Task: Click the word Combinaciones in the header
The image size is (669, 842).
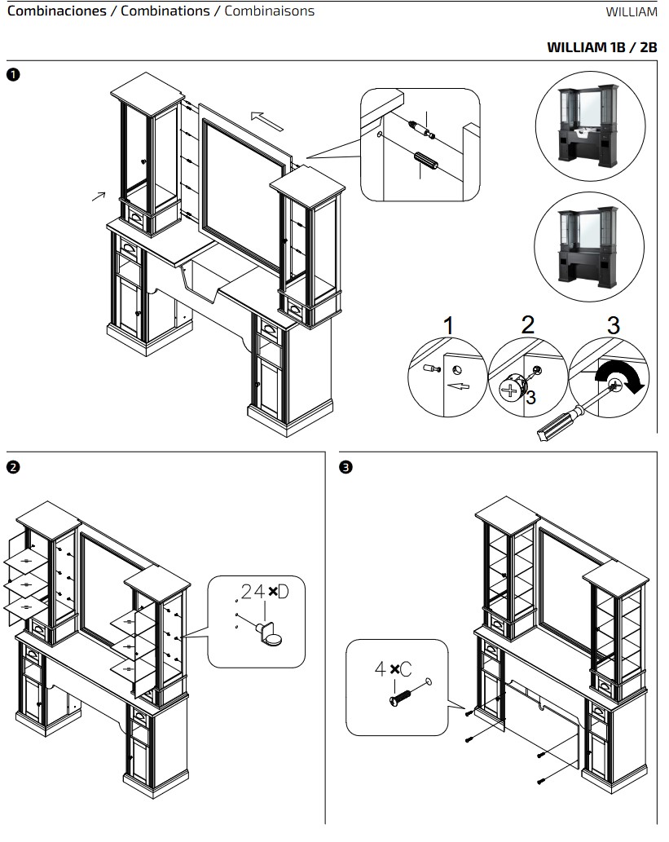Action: click(56, 11)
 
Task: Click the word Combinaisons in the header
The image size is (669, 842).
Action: click(269, 11)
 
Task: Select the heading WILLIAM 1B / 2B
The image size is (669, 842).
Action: click(602, 47)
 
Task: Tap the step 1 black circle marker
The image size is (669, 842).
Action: click(13, 74)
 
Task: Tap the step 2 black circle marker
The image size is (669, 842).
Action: click(13, 466)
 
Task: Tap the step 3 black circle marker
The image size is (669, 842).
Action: click(346, 466)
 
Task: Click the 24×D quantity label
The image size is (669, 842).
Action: click(265, 592)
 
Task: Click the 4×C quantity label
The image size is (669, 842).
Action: click(393, 669)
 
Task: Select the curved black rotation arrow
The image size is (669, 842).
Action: click(621, 375)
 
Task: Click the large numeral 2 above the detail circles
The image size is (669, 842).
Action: click(528, 325)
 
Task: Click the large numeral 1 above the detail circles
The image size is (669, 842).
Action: click(449, 325)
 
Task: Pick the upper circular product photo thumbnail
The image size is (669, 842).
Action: click(590, 126)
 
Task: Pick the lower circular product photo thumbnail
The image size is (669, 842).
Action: click(589, 246)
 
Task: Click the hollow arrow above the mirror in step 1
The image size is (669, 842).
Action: click(267, 121)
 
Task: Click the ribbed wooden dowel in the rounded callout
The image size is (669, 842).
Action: click(426, 161)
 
